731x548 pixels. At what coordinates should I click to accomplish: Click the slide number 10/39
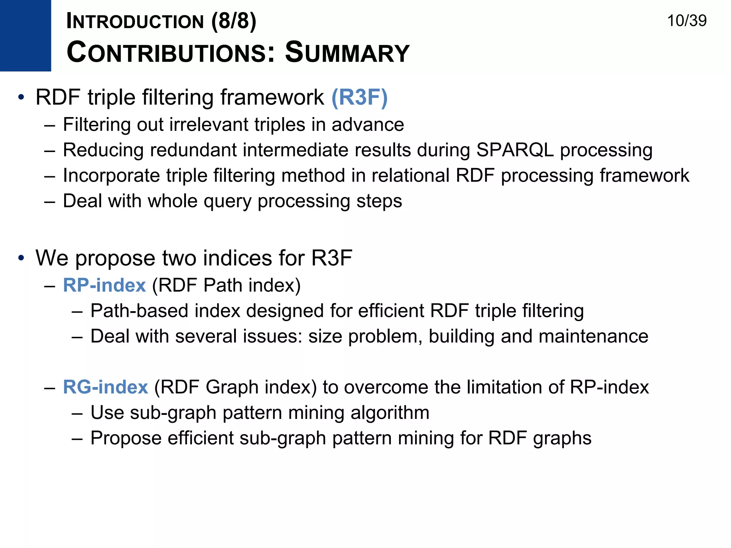tap(686, 21)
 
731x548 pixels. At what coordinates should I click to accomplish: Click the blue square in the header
tap(25, 35)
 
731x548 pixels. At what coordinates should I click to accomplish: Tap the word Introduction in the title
tap(135, 21)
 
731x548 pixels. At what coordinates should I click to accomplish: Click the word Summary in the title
tap(347, 52)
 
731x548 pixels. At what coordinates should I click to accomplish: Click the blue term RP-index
tap(104, 285)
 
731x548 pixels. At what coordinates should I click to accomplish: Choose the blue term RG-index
tap(105, 387)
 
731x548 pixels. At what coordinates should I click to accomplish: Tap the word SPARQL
tap(515, 150)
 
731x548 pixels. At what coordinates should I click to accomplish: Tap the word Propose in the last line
tap(126, 438)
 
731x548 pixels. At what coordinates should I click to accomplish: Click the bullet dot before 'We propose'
tap(21, 258)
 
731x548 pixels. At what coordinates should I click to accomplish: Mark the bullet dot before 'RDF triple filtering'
tap(21, 97)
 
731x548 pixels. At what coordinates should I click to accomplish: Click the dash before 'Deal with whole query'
tap(50, 201)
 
